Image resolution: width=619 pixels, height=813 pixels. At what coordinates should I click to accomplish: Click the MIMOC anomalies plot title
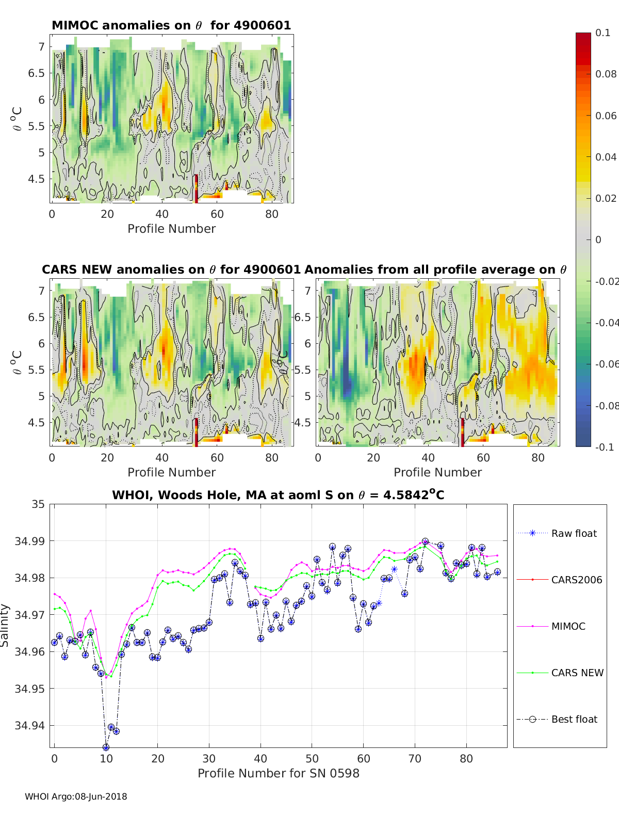coord(171,25)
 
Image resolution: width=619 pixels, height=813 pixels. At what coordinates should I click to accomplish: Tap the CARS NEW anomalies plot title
coord(171,269)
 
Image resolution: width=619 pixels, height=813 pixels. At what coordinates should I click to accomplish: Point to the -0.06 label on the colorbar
coord(607,364)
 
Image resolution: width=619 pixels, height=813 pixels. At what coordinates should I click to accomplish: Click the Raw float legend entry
coord(574,533)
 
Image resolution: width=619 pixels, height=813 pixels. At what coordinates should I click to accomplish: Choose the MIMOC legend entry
coord(568,626)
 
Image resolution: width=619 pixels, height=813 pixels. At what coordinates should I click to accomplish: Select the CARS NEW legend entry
coord(577,673)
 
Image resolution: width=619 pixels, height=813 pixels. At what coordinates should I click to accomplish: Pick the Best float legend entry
coord(574,719)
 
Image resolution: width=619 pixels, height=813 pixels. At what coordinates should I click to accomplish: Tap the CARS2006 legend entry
coord(576,580)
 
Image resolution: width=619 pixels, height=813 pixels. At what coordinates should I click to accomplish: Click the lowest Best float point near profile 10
coord(106,747)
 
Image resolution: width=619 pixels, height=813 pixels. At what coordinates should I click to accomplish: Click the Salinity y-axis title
coord(5,626)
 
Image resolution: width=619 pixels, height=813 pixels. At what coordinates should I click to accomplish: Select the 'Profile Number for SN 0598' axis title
coord(279,773)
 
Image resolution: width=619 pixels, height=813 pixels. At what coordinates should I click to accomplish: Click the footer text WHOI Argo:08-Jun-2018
coord(76,796)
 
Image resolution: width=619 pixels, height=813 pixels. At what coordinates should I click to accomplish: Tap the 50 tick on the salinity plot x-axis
coord(312,758)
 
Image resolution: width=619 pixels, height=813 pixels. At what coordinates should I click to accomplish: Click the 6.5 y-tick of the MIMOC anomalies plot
coord(36,73)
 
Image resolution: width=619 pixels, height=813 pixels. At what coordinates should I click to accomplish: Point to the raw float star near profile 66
coord(394,569)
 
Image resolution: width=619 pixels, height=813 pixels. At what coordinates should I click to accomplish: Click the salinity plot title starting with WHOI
coord(278,495)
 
